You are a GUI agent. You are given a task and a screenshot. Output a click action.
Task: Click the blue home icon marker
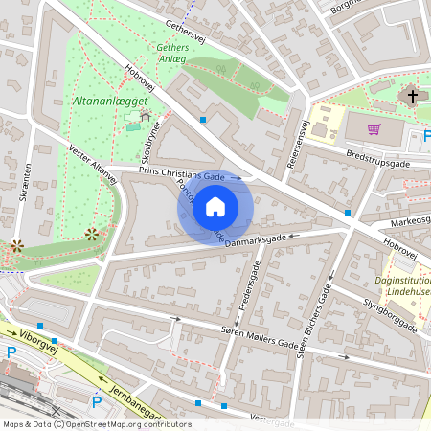tap(215, 206)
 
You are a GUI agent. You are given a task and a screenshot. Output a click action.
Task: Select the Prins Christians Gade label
tap(182, 175)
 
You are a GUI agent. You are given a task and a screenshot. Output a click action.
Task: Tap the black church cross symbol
tap(414, 96)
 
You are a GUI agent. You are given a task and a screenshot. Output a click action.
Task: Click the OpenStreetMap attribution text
tap(96, 423)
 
